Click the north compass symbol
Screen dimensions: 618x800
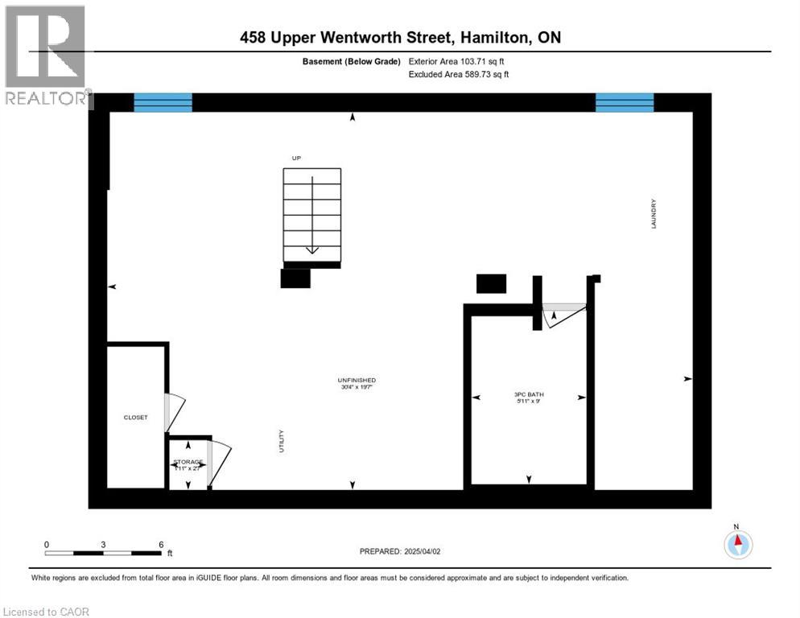(x=737, y=544)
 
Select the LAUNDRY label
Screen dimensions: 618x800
(x=654, y=214)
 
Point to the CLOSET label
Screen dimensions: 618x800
(x=135, y=417)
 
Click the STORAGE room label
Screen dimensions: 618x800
(x=188, y=462)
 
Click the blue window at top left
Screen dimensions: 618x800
(x=163, y=102)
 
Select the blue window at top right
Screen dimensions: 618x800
(x=625, y=102)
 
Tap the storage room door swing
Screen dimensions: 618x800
(x=218, y=462)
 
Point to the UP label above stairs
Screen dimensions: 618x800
(x=296, y=158)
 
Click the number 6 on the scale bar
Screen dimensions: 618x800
(x=161, y=545)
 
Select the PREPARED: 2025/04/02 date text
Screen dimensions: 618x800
(x=400, y=551)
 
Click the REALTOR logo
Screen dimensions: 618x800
(x=47, y=56)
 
